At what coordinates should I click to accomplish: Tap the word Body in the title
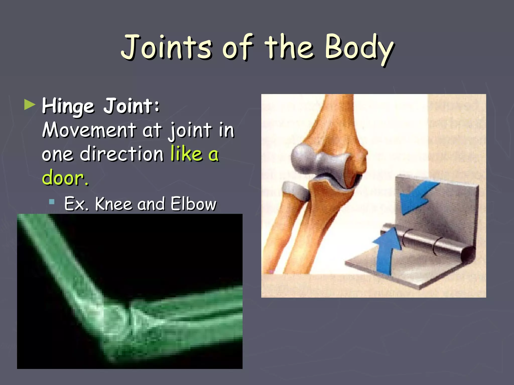359,48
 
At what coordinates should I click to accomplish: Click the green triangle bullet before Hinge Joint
30,105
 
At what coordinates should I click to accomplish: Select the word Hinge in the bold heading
68,106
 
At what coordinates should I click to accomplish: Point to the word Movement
89,130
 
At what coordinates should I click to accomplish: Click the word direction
122,154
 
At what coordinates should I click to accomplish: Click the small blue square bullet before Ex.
52,202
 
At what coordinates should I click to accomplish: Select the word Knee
113,204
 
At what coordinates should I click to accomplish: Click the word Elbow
193,204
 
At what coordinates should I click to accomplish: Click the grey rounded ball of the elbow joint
302,158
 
